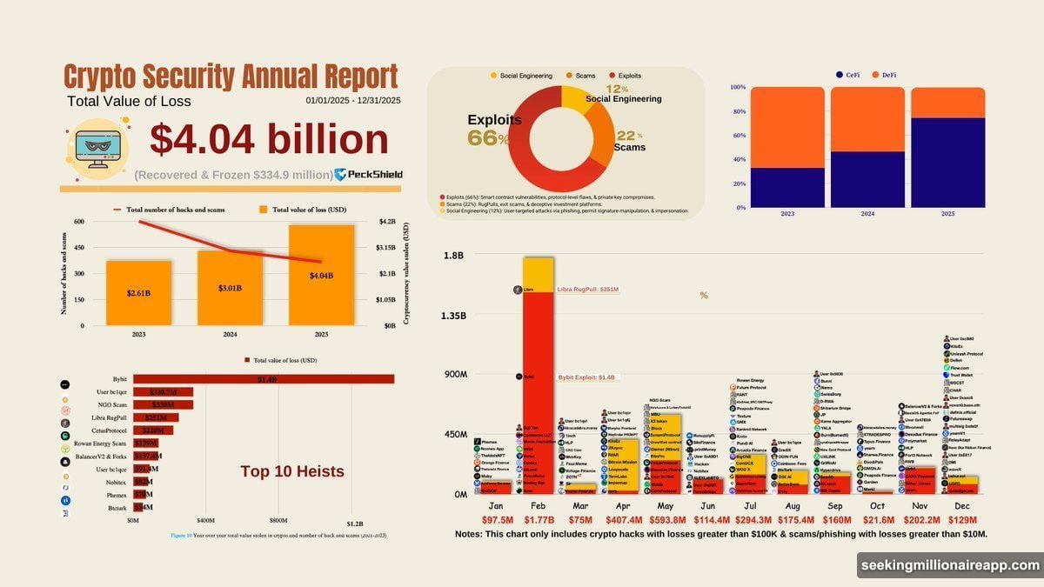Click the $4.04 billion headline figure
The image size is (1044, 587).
269,141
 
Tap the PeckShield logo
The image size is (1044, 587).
369,174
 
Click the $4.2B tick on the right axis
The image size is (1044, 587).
386,222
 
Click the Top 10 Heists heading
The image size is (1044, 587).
292,471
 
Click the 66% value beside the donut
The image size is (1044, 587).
487,137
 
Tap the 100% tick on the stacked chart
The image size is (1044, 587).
737,88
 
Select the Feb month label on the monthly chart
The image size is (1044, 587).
539,505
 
